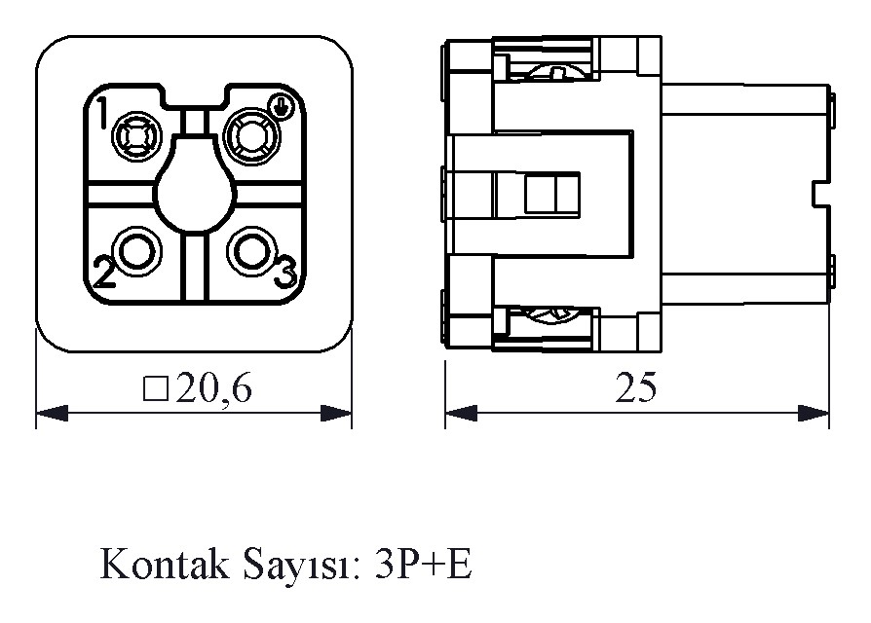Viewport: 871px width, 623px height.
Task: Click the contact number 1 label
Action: click(102, 112)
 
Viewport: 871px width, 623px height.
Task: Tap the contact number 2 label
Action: click(104, 273)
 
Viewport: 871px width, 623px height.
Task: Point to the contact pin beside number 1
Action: click(136, 136)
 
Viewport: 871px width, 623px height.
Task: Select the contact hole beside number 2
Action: click(137, 251)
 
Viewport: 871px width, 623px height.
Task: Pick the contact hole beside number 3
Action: click(251, 251)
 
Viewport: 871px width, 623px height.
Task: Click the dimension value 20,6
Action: click(214, 388)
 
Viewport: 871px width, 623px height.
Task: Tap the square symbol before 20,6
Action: click(156, 389)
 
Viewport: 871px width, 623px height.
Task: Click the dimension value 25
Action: click(636, 387)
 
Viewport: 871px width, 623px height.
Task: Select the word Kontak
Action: click(165, 564)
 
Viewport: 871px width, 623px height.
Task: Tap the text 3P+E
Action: click(423, 564)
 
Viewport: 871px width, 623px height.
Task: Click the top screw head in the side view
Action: click(553, 72)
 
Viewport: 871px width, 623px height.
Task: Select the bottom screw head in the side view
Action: click(551, 314)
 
